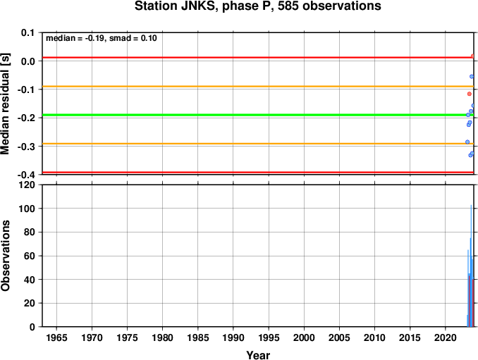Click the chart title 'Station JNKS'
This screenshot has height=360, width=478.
tap(176, 6)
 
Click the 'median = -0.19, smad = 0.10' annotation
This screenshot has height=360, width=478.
tap(102, 38)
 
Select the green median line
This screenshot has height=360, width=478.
tap(258, 115)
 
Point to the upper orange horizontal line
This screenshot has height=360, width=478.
tap(258, 87)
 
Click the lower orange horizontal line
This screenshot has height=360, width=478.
tap(258, 144)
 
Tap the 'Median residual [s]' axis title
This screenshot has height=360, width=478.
tap(5, 104)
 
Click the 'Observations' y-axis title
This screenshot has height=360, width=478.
tap(5, 256)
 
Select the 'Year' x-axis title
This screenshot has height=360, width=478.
tap(258, 355)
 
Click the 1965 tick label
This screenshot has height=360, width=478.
tap(56, 337)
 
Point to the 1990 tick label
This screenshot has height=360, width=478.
tap(233, 337)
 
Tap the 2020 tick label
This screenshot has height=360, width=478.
tap(446, 337)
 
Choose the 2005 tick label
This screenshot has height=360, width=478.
tap(339, 337)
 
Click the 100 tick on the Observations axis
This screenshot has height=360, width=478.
tap(27, 209)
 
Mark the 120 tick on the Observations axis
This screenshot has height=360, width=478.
tap(27, 185)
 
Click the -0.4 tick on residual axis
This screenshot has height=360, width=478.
tap(26, 175)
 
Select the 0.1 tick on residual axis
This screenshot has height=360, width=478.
tap(28, 32)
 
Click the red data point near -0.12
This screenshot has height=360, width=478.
tap(469, 94)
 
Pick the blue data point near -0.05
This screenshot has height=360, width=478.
tap(472, 77)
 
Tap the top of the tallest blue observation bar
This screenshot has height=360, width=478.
tap(471, 205)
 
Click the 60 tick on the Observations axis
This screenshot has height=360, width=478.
tap(30, 256)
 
